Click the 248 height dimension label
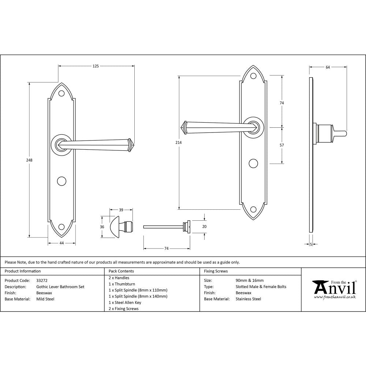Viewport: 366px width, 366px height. coord(29,160)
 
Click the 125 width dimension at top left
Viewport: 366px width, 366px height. coord(96,66)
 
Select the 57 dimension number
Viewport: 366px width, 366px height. coord(282,145)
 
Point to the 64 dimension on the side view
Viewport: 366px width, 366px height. coord(328,67)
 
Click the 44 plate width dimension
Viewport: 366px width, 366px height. coord(61,243)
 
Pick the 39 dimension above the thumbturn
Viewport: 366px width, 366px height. coord(121,210)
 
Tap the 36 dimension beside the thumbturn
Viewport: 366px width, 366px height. coord(102,227)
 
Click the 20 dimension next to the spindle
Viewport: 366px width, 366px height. coord(204,227)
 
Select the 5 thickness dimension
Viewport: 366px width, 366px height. coord(311,244)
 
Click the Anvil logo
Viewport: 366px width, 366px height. coord(334,289)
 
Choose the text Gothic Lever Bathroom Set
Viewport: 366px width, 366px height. coord(60,287)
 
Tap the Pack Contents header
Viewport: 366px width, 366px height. coord(121,271)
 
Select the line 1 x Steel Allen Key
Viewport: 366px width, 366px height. coord(125,303)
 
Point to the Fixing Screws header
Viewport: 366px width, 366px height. coord(216,271)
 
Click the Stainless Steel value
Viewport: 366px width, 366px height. coord(249,299)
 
